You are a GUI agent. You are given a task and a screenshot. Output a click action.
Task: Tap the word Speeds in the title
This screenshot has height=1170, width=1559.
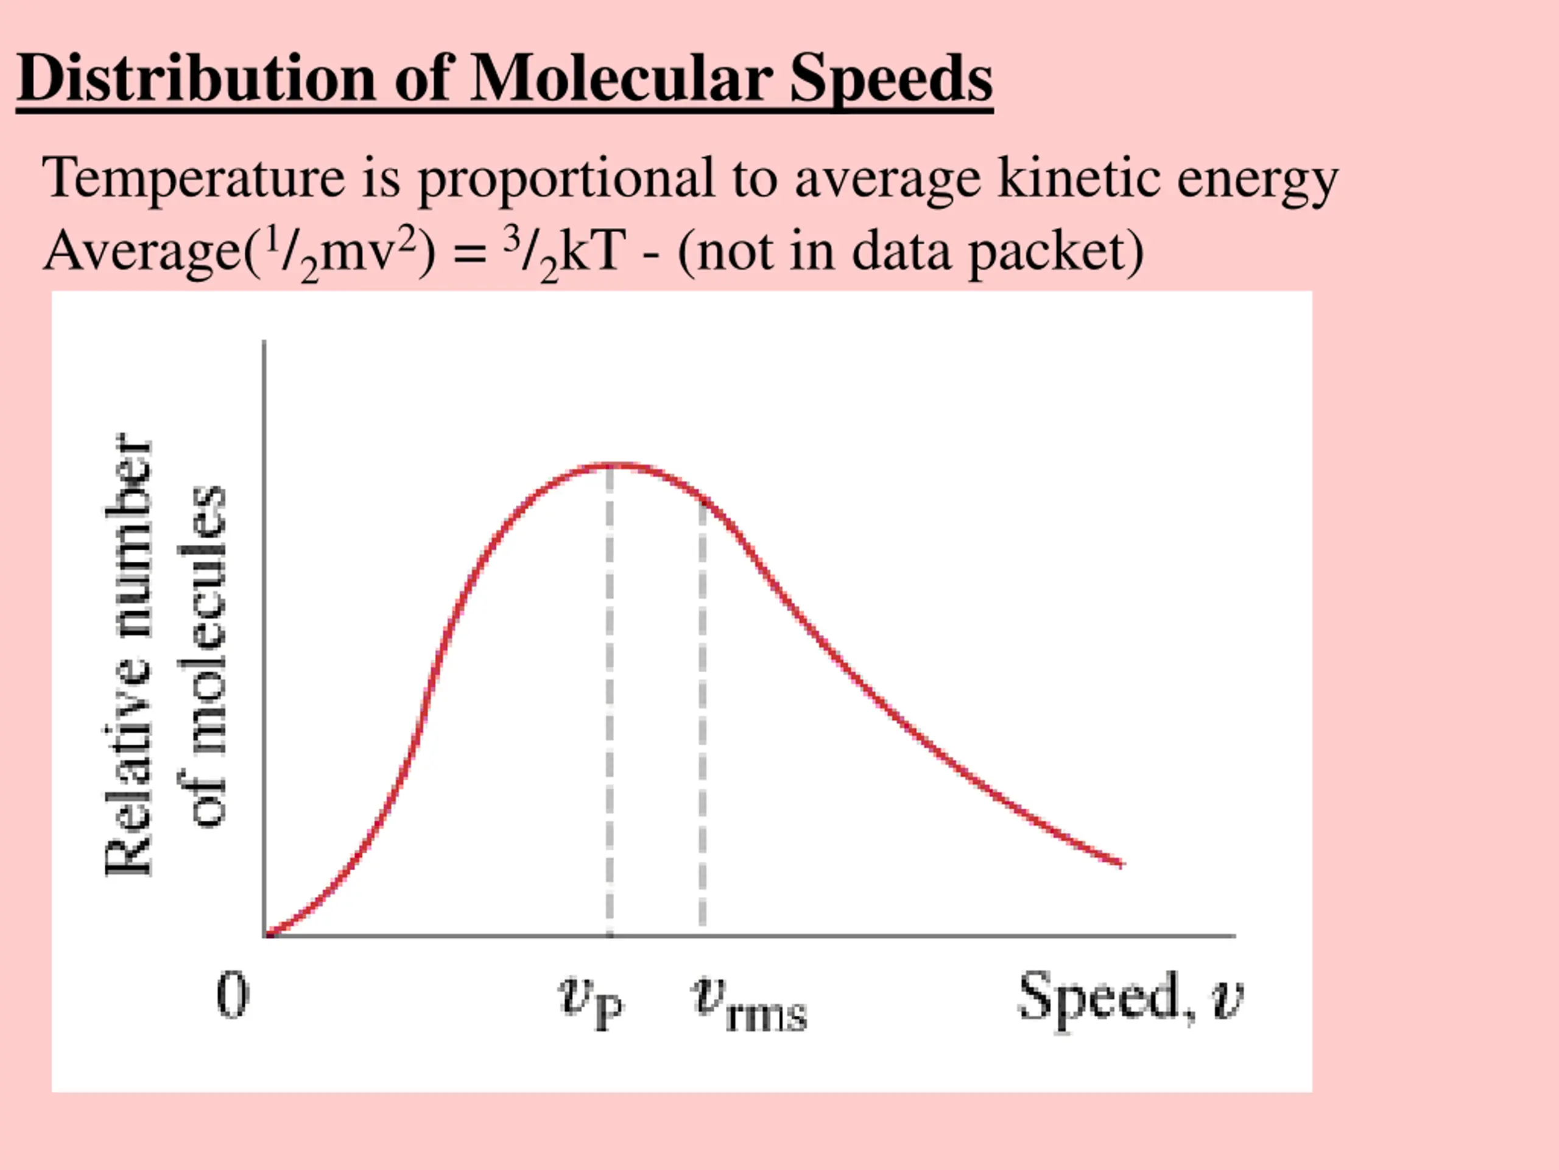click(x=891, y=79)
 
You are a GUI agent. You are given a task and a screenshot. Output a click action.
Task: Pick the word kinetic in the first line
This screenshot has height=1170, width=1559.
click(x=1079, y=178)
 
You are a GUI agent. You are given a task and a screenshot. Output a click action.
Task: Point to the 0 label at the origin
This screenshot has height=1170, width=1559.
click(x=232, y=994)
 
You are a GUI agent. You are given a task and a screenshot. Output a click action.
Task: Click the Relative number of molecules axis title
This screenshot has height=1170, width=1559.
click(x=166, y=656)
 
